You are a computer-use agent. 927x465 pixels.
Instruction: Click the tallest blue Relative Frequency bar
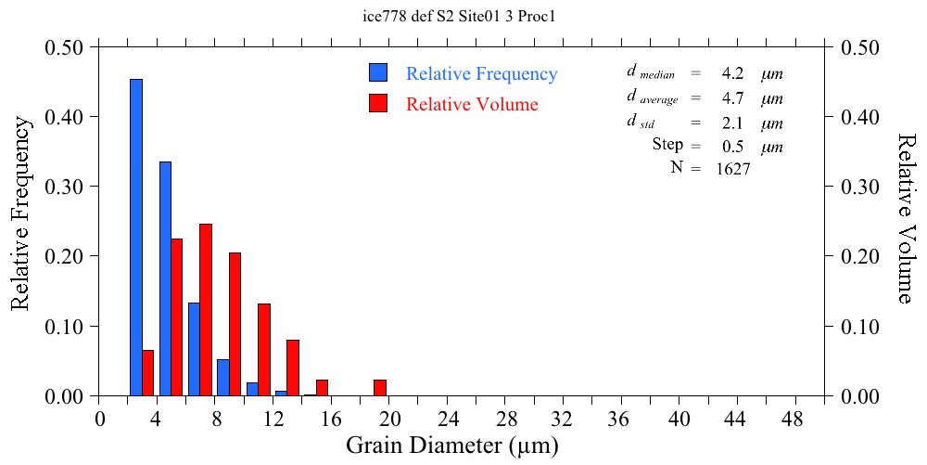click(x=135, y=238)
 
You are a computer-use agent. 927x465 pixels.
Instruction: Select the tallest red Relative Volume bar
click(x=206, y=310)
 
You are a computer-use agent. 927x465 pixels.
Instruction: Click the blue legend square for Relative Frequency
click(x=378, y=73)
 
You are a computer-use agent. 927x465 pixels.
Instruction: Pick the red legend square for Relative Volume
click(x=378, y=103)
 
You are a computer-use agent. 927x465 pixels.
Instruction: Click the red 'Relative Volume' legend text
click(x=472, y=104)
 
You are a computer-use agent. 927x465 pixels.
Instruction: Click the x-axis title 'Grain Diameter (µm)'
click(x=452, y=446)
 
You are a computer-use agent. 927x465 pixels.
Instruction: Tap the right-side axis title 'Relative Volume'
click(x=907, y=217)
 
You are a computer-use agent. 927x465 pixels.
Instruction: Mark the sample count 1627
click(x=733, y=169)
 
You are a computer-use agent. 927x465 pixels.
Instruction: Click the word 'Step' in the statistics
click(x=667, y=145)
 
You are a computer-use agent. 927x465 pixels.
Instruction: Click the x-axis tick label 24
click(x=448, y=419)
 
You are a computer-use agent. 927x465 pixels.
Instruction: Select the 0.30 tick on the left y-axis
click(x=65, y=187)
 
